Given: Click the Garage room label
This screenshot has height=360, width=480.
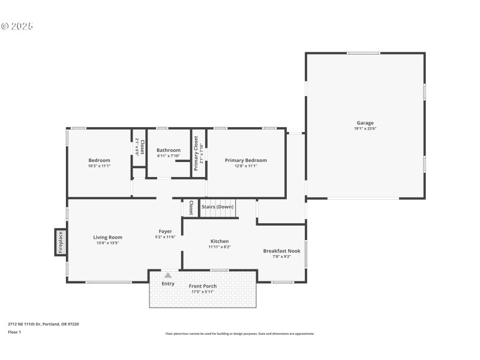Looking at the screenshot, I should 365,123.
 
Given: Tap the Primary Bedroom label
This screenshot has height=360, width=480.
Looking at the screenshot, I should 245,160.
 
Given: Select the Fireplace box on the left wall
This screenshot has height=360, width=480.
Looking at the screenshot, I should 60,242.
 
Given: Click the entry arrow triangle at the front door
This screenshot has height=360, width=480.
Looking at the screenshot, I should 168,275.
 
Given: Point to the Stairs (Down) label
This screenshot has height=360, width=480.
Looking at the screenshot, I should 217,206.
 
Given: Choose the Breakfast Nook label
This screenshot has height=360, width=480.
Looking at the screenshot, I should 281,251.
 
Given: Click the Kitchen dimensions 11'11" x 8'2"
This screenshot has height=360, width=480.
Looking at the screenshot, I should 219,247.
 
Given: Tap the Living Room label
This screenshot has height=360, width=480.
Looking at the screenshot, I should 107,237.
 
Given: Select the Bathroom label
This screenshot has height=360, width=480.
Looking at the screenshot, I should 168,150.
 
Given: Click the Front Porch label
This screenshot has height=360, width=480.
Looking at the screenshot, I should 202,286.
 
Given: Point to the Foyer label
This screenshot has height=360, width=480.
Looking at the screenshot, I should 165,231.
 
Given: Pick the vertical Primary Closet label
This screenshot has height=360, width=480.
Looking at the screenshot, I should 196,153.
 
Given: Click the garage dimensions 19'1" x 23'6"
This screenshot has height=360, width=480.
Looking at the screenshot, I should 365,128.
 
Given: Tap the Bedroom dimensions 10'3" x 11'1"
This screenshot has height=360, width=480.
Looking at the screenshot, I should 99,166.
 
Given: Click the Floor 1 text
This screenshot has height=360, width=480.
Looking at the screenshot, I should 14,332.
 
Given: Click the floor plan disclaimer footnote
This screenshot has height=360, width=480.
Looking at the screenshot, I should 239,334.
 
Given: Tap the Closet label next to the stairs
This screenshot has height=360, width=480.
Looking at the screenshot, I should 191,208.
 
